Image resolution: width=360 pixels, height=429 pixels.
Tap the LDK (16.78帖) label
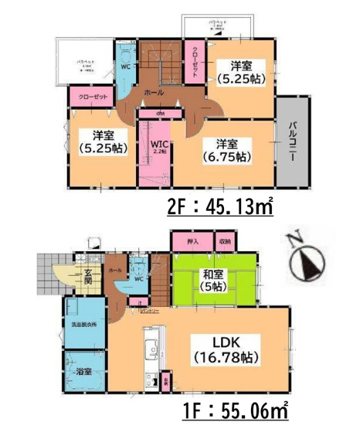(x=221, y=348)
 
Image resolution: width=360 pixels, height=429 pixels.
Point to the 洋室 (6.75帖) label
(x=227, y=150)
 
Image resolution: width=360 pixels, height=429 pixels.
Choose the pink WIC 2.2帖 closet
(x=159, y=149)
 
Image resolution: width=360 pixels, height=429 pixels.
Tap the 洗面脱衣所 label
(x=83, y=325)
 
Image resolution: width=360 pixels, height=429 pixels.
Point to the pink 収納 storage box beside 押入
(x=224, y=242)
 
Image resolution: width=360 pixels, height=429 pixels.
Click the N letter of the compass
(x=294, y=237)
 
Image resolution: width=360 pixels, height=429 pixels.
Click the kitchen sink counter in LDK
(x=151, y=352)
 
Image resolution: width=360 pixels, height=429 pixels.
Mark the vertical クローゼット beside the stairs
(x=195, y=57)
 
